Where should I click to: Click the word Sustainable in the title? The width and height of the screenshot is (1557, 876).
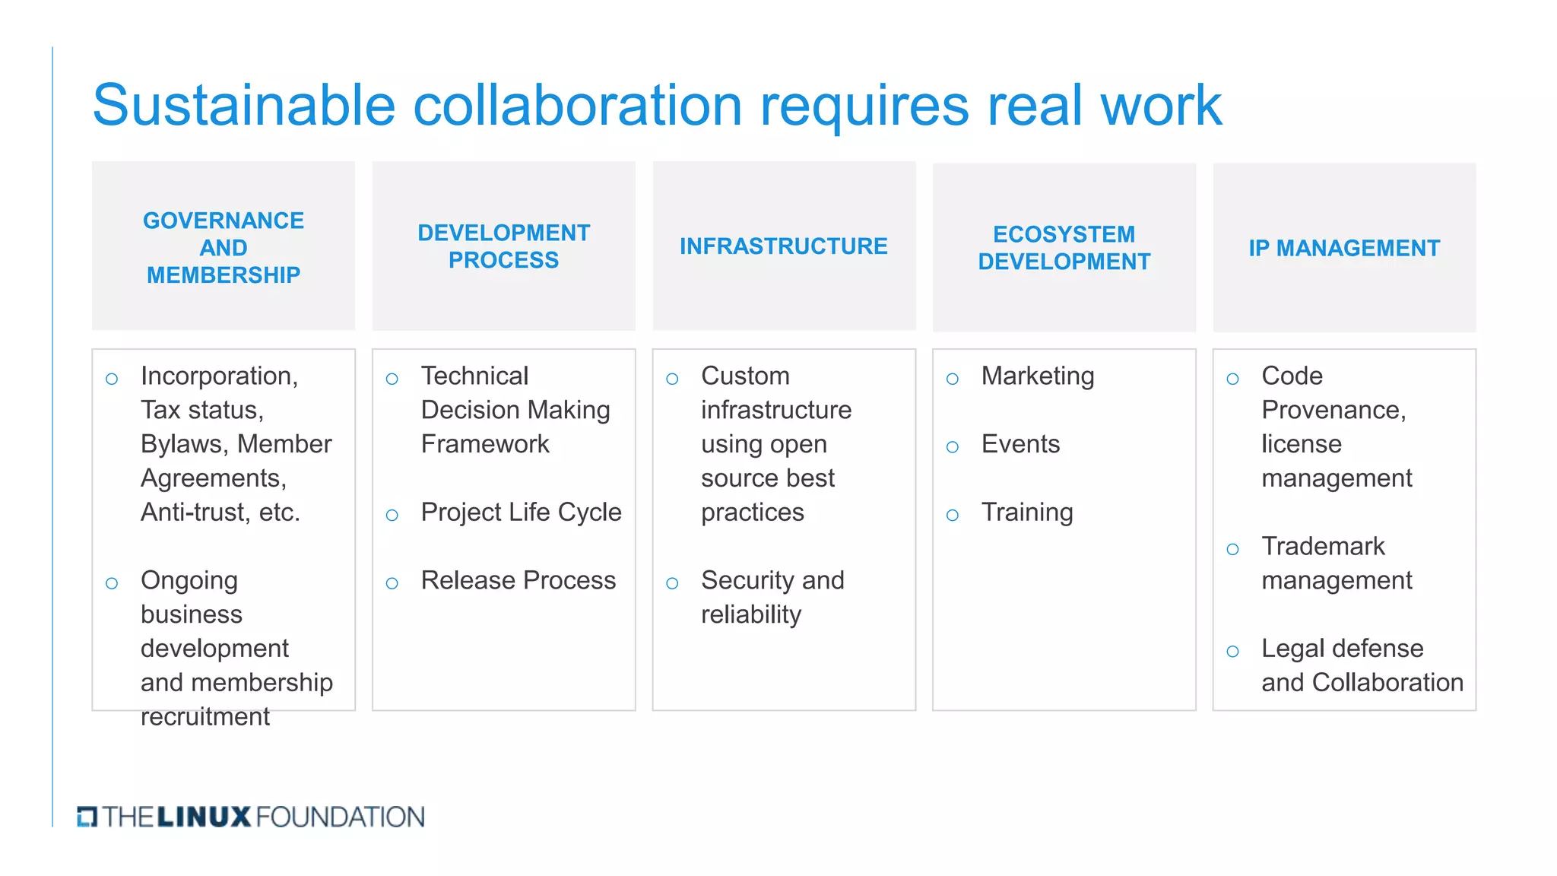(243, 105)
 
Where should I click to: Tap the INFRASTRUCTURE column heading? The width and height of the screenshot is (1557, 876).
(783, 246)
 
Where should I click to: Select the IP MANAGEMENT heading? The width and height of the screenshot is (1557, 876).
(1343, 248)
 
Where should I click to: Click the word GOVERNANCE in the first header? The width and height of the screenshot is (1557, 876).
(223, 221)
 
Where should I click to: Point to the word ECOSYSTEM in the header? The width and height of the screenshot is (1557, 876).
(1064, 234)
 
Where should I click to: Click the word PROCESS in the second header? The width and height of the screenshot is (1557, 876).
(503, 260)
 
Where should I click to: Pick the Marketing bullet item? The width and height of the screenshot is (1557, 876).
(1037, 376)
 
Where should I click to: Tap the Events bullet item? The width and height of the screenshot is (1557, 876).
(1020, 444)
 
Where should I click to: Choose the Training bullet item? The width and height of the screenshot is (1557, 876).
(1026, 513)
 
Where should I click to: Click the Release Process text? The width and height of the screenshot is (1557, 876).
(518, 580)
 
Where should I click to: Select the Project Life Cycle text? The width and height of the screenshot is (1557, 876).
(521, 513)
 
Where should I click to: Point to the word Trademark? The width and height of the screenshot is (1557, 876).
(1323, 546)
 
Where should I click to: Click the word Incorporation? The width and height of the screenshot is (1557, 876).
(217, 376)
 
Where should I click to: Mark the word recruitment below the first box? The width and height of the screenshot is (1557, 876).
(205, 716)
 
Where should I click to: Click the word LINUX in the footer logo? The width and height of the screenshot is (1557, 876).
(204, 817)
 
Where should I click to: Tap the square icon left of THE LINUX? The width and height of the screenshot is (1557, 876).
(87, 817)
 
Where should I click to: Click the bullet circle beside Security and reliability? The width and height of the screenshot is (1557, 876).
(672, 583)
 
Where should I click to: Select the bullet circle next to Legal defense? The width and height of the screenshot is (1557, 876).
(1232, 652)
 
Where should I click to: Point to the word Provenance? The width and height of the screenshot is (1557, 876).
(1332, 410)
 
